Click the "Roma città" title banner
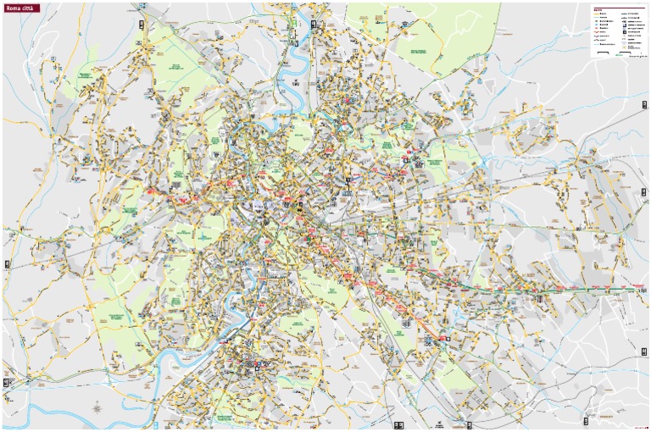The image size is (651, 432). coord(22,8)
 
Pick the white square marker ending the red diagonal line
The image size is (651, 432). coord(448,339)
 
